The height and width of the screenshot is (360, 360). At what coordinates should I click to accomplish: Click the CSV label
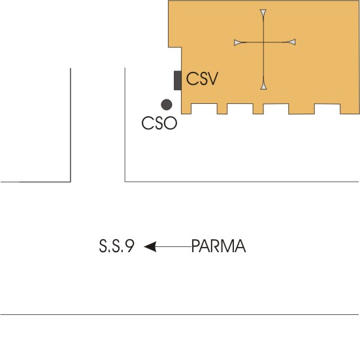[x=202, y=78]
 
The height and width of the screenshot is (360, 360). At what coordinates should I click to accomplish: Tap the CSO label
[x=159, y=123]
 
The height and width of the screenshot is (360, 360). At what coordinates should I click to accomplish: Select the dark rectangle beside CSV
[x=178, y=80]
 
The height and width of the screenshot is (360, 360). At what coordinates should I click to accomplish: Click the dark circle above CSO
[x=167, y=105]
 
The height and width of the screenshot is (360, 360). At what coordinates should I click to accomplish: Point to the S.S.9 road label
[x=117, y=246]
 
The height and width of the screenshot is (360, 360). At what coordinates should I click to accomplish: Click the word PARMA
[x=219, y=246]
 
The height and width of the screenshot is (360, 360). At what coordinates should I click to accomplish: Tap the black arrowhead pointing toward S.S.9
[x=150, y=246]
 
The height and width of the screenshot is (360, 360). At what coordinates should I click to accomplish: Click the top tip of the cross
[x=263, y=9]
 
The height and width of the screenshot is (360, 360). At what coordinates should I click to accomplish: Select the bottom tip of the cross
[x=263, y=89]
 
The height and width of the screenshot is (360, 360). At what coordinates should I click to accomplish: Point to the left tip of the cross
[x=234, y=42]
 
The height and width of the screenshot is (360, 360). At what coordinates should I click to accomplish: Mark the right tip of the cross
[x=295, y=42]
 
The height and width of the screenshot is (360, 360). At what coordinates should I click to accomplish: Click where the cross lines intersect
[x=263, y=42]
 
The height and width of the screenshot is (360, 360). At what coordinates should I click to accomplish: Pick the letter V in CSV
[x=212, y=78]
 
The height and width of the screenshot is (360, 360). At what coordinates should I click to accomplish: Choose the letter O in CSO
[x=171, y=123]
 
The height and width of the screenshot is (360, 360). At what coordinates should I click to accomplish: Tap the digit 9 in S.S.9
[x=130, y=246]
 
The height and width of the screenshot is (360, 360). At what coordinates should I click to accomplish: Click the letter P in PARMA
[x=195, y=246]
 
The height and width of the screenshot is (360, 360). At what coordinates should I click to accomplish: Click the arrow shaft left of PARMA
[x=174, y=246]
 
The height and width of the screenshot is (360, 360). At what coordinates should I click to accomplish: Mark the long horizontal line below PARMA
[x=179, y=314]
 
